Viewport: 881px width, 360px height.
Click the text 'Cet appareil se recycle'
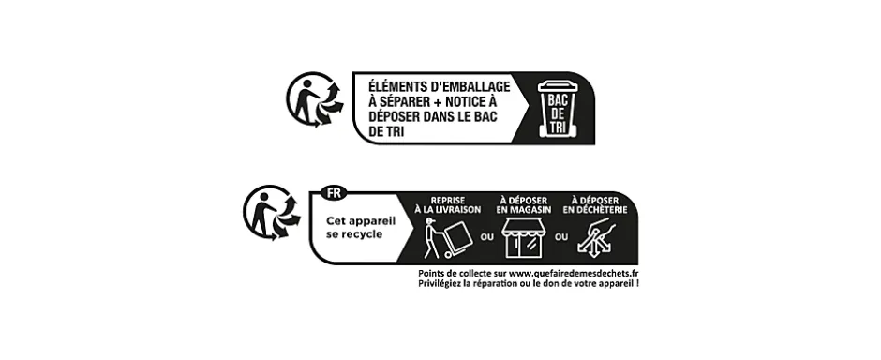tap(355, 227)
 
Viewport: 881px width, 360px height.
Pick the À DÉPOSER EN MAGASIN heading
tap(524, 205)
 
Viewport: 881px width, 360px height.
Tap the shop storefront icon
tap(524, 241)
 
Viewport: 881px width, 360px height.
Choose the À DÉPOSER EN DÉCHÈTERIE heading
tap(598, 205)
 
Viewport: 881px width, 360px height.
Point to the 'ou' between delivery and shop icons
tap(485, 237)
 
